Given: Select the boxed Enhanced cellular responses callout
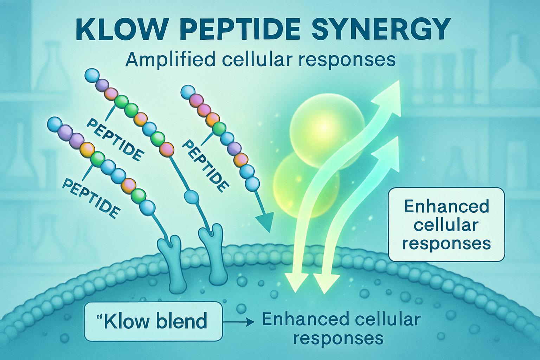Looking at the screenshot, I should pyautogui.click(x=446, y=225).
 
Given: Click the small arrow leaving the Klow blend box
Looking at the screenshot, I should pyautogui.click(x=239, y=321).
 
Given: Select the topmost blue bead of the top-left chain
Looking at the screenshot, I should pyautogui.click(x=92, y=76).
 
